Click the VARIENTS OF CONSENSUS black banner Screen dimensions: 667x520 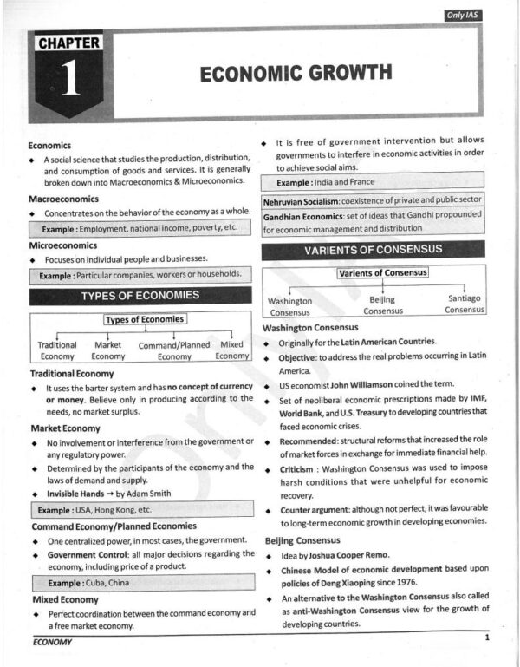373,250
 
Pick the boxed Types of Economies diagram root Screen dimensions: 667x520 145,319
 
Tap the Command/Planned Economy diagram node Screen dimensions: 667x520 174,350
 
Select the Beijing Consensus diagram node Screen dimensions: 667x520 382,305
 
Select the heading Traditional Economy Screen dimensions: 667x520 73,373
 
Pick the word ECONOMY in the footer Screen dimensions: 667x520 52,642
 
